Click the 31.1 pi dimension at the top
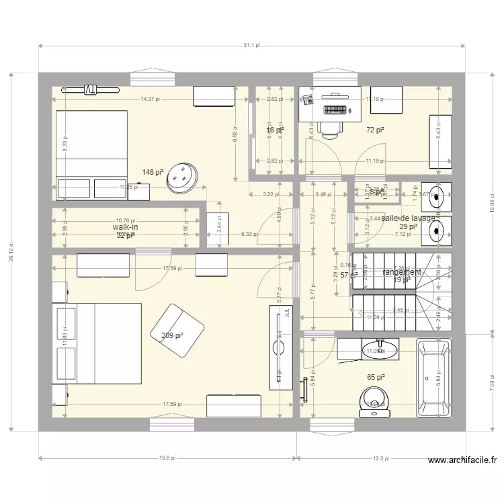tap(251, 46)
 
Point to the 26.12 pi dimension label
tap(11, 251)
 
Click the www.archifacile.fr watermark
tap(462, 461)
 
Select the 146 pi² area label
tap(153, 173)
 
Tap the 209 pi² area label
tap(172, 335)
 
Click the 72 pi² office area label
tap(375, 130)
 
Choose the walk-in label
tap(125, 228)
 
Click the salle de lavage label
tap(409, 218)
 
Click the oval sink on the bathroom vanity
tap(380, 349)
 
